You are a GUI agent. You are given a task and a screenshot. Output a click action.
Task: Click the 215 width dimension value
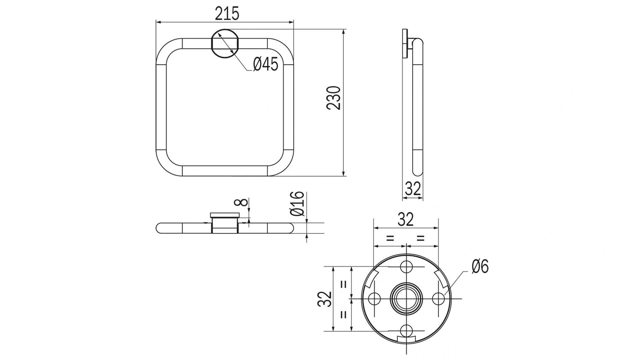227,14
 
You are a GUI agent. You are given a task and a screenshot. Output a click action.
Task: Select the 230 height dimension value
334,98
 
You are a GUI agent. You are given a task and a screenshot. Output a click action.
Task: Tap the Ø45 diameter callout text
265,65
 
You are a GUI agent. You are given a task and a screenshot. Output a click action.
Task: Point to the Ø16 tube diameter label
297,204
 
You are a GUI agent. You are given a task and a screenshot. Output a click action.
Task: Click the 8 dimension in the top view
240,203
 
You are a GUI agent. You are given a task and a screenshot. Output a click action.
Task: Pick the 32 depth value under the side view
413,189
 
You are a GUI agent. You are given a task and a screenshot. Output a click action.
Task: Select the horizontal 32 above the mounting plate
405,219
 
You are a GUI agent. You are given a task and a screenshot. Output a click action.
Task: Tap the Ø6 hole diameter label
480,267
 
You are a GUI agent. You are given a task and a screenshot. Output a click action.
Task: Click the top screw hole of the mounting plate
406,267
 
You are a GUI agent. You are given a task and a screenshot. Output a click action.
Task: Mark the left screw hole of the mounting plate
374,299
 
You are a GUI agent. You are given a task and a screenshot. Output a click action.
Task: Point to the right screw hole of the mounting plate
438,299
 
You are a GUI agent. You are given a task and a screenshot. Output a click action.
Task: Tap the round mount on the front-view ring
225,43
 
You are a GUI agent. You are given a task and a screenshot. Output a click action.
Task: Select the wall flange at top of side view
405,43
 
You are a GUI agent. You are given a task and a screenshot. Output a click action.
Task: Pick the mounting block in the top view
225,223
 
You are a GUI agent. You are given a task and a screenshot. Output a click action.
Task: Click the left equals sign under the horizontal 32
390,238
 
